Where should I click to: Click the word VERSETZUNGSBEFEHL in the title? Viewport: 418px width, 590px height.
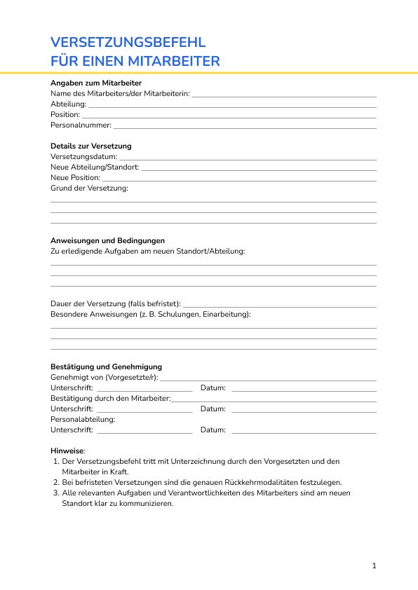pos(128,43)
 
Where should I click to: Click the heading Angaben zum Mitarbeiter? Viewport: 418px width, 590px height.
pos(96,83)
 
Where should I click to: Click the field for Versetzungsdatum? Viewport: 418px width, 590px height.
pos(248,158)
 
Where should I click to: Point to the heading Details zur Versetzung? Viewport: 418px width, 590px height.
pos(91,146)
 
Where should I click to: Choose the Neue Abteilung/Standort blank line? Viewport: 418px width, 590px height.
pos(259,169)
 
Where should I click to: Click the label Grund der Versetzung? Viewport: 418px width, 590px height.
pos(89,188)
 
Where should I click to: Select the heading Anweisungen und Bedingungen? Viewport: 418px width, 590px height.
pos(107,240)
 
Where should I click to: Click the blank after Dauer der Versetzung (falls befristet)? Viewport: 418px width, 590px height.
pos(279,306)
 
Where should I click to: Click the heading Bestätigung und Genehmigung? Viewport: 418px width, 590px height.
pos(106,366)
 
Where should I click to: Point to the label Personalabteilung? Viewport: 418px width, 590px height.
pos(83,419)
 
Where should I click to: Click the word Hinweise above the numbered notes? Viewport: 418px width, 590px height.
pos(67,451)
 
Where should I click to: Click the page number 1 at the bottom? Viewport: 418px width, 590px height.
pos(375,565)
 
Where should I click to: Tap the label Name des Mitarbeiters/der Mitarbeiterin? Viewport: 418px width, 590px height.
pos(120,93)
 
